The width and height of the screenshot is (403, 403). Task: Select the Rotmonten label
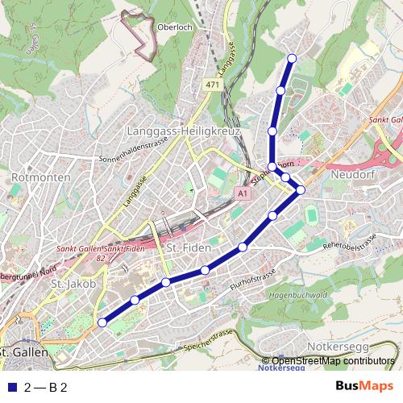point(32,175)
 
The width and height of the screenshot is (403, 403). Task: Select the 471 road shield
point(212,85)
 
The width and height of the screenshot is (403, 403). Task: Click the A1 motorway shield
point(243,194)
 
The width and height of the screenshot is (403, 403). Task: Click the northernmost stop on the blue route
point(292,57)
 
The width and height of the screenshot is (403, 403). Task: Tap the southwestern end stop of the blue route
point(102,322)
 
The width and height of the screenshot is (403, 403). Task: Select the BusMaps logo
point(364,386)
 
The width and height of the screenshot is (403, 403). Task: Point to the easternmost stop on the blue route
point(301,189)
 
